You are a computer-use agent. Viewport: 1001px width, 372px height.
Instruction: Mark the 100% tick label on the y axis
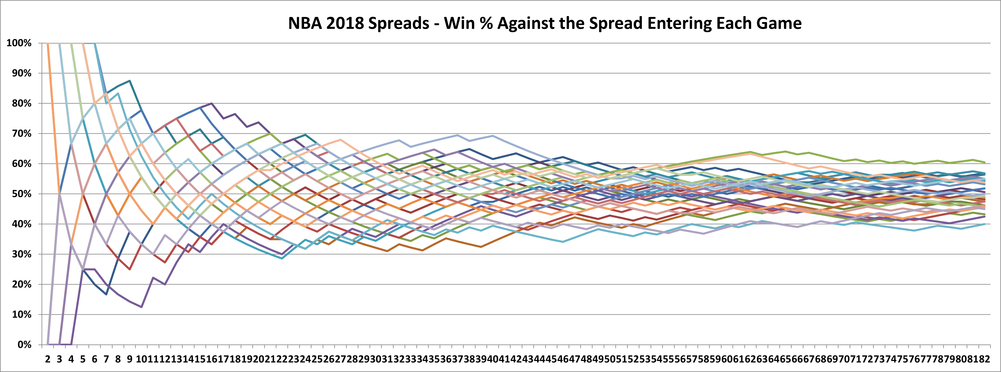19,43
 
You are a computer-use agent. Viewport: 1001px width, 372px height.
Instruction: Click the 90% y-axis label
21,73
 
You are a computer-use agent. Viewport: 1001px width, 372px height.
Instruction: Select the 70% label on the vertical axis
21,133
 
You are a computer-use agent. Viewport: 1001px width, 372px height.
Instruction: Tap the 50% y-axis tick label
21,194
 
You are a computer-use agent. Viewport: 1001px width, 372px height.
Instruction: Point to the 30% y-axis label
21,254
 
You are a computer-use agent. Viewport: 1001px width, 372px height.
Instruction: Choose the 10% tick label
21,314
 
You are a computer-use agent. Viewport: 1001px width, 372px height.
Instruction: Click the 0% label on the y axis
24,344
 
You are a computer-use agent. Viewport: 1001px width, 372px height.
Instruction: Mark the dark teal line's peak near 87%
130,81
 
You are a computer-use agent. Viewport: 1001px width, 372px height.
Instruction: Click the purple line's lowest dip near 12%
141,307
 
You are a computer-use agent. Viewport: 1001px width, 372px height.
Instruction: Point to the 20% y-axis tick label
21,284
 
